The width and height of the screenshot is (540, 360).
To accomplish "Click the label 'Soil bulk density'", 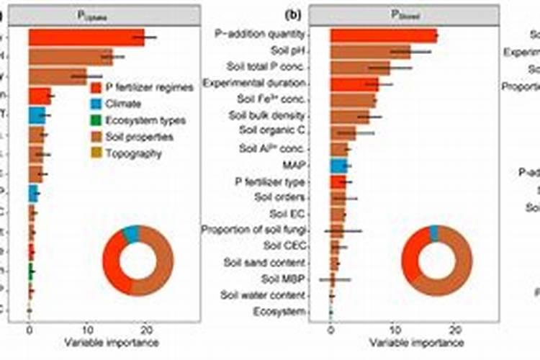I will [x=267, y=115].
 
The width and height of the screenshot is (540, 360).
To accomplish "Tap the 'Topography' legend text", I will [x=134, y=153].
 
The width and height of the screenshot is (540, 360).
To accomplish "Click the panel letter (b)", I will [x=293, y=14].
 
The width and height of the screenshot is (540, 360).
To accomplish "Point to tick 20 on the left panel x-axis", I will [x=146, y=330].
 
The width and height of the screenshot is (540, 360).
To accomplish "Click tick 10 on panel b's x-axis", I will [x=392, y=330].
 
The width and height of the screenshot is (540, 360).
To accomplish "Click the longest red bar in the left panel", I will [x=86, y=37].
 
